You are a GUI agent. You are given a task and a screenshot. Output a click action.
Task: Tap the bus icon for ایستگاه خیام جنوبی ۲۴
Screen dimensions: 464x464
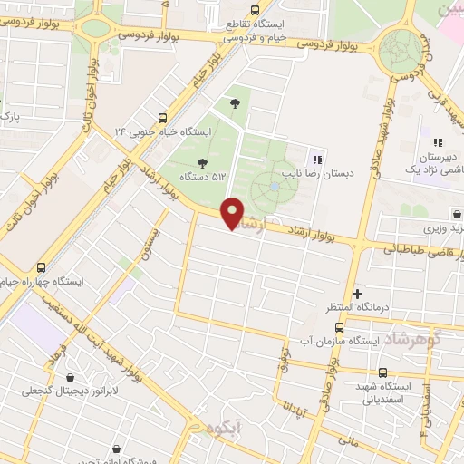[162, 118]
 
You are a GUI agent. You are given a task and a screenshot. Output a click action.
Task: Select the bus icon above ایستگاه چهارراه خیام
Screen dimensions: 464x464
[42, 267]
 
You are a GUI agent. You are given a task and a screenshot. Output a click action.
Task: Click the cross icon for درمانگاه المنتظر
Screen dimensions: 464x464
[358, 294]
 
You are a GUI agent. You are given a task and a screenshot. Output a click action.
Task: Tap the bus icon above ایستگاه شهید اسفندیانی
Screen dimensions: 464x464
[382, 372]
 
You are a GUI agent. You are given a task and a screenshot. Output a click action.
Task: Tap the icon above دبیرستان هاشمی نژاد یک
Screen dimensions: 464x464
[438, 142]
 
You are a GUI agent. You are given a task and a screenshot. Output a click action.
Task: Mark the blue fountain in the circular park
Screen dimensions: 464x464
[274, 188]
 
